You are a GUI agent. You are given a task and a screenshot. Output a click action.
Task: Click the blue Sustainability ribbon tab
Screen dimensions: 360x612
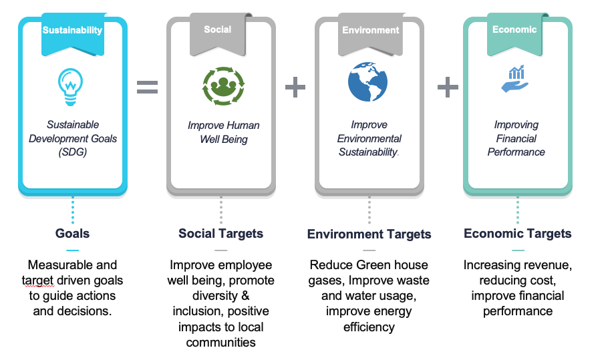(72, 30)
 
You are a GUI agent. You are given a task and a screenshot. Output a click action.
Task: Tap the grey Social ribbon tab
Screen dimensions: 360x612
(218, 29)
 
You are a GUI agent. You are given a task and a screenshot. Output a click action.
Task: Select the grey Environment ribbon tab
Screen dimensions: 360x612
(370, 30)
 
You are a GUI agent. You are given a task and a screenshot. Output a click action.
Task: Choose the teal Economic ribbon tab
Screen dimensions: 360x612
(514, 29)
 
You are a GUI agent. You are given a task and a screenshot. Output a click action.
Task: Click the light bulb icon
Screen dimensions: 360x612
(71, 86)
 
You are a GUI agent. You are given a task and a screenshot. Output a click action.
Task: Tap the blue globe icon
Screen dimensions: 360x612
(367, 81)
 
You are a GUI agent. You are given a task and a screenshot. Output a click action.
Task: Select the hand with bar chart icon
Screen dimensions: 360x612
(515, 79)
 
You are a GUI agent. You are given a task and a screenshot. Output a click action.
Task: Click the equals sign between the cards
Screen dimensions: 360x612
(147, 87)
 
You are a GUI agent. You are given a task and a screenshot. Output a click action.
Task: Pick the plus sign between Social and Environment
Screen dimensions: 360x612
(295, 87)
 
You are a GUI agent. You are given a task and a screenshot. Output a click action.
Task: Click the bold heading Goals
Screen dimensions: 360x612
(72, 233)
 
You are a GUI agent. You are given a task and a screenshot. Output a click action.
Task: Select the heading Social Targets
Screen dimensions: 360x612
(220, 233)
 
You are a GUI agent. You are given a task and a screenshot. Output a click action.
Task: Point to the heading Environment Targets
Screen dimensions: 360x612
(369, 234)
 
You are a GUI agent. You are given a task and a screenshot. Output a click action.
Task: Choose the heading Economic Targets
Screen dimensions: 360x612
(518, 233)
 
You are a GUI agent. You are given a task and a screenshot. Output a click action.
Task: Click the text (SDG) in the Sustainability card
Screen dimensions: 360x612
(72, 152)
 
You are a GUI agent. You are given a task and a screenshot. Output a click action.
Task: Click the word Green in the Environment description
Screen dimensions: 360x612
(373, 265)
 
